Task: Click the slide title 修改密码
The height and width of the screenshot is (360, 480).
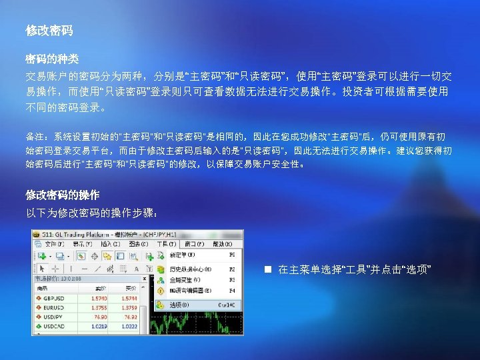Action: tap(49, 31)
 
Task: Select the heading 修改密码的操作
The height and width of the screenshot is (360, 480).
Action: tap(63, 195)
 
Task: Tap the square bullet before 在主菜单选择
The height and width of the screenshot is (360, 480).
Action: tap(267, 269)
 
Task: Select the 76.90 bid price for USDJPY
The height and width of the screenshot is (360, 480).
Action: tap(99, 317)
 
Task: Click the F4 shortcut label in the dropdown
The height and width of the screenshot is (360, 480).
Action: tap(232, 291)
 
